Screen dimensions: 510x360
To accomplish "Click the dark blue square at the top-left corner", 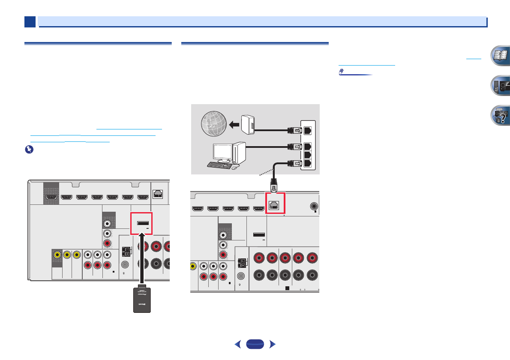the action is click(x=30, y=22).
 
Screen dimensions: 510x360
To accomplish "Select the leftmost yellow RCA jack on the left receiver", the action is click(x=57, y=255).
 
